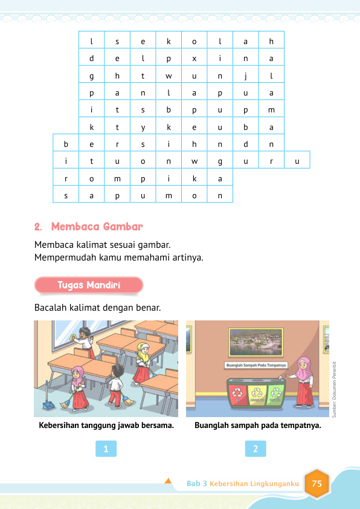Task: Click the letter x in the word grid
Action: tap(194, 59)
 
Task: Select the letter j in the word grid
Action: tap(246, 76)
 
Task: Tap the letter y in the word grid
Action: tap(143, 128)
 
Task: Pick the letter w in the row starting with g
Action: tap(169, 76)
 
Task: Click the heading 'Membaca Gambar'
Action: tap(97, 227)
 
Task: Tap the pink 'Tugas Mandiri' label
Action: tap(89, 285)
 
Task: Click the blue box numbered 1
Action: tap(106, 449)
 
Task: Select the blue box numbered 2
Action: tap(256, 449)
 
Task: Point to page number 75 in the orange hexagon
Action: tap(317, 484)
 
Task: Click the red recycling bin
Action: tap(240, 393)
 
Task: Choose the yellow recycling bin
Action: tap(258, 393)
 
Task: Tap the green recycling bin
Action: tap(276, 393)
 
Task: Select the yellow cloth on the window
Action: tap(74, 336)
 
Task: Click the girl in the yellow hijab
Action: tap(142, 363)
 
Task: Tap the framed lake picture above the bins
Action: tap(257, 343)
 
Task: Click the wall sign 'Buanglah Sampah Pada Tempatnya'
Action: tap(256, 365)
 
